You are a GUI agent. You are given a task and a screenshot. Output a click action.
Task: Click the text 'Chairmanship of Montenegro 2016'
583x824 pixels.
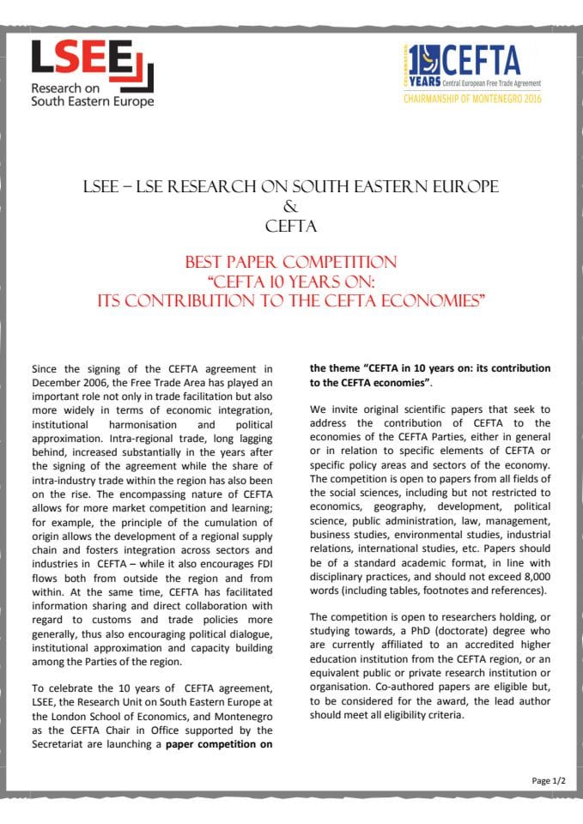[462, 99]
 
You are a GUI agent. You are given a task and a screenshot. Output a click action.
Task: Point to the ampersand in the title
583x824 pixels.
[292, 207]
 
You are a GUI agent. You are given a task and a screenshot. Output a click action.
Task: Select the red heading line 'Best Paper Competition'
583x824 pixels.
[292, 262]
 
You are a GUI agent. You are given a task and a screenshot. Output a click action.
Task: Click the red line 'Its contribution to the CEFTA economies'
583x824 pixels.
[292, 300]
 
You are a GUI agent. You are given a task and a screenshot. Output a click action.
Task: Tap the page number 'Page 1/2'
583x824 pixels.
[548, 780]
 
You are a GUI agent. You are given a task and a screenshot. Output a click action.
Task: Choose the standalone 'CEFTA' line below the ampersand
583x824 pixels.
[292, 227]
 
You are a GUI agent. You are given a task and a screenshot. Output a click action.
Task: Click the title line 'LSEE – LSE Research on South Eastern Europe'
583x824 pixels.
[292, 187]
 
